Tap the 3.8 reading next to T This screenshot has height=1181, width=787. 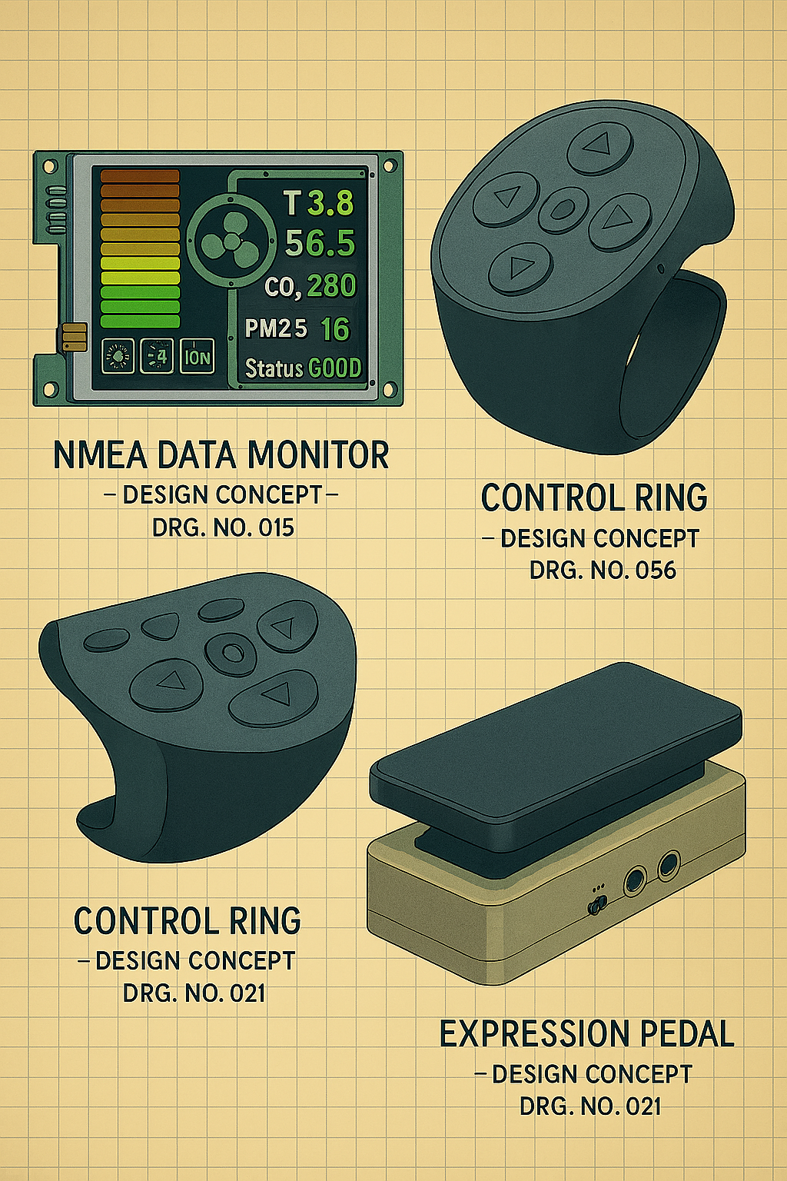330,203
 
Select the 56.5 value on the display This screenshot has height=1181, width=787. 320,244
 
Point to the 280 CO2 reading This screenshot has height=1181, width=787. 331,286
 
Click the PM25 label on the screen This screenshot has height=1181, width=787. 276,329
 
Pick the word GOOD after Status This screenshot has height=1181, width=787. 335,368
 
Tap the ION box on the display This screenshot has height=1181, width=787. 198,357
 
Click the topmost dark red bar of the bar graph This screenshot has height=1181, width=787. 140,176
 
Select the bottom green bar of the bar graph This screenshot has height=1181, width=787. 140,321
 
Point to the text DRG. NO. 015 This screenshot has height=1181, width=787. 222,527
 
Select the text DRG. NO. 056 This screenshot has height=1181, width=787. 603,570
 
